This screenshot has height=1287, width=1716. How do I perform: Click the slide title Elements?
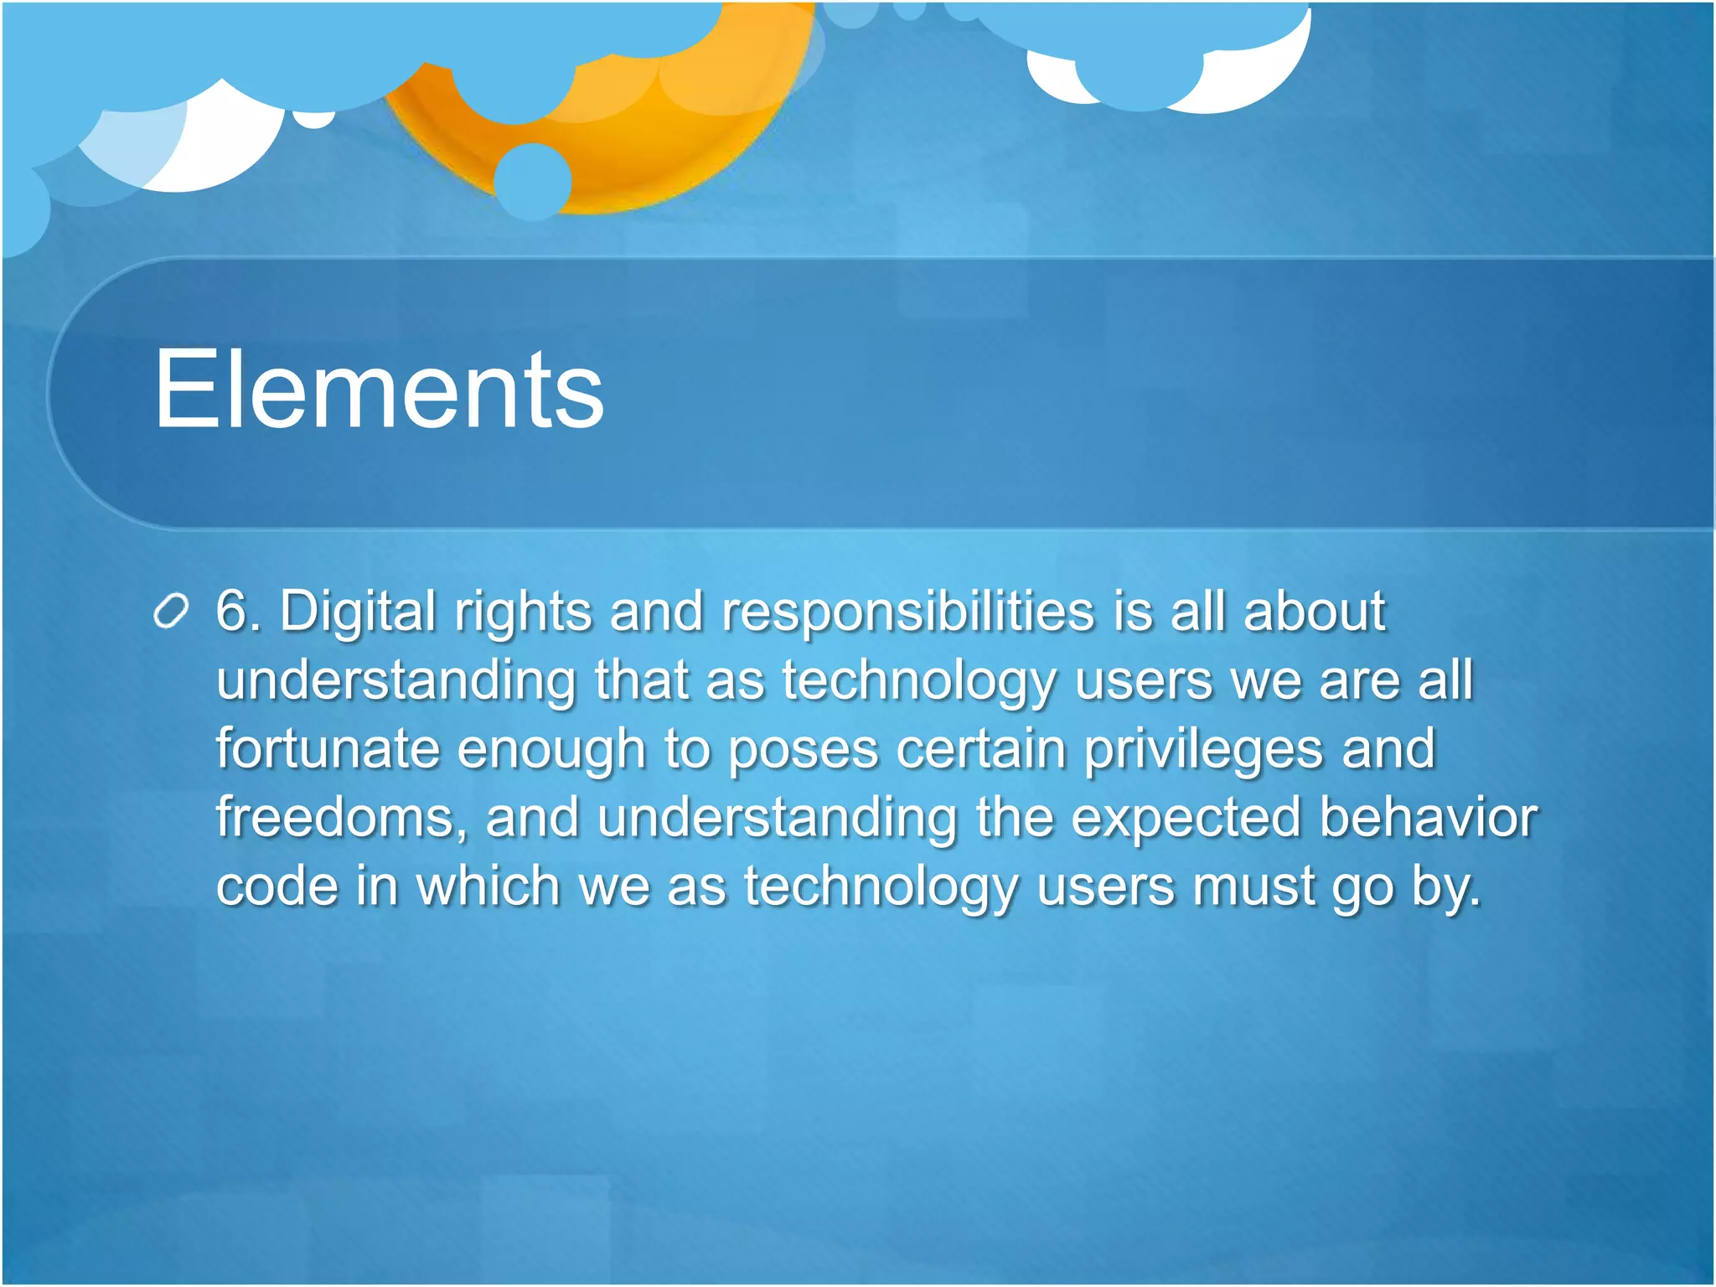click(x=379, y=390)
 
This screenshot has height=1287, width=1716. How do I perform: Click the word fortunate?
click(x=328, y=748)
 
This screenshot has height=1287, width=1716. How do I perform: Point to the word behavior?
click(x=1429, y=817)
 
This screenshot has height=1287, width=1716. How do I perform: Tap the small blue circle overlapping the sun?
click(x=533, y=182)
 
